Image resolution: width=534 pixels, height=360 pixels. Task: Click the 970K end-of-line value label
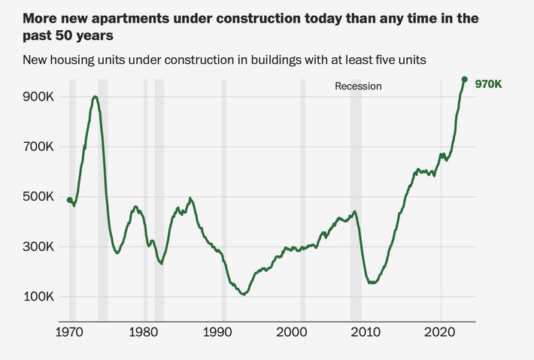[x=488, y=85]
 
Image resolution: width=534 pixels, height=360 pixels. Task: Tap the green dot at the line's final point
[x=465, y=79]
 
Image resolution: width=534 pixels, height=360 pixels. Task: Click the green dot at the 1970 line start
[x=70, y=200]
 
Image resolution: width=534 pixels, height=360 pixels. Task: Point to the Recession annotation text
[x=358, y=86]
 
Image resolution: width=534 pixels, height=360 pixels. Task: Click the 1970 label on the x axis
[x=70, y=331]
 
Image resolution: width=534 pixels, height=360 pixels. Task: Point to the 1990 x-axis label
[x=218, y=331]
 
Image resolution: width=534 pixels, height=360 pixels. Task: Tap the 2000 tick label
[x=292, y=331]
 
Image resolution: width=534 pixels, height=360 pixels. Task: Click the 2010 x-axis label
[x=366, y=331]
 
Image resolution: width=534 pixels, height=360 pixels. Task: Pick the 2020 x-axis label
[x=440, y=331]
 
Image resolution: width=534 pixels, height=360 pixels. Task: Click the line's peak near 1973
[x=95, y=97]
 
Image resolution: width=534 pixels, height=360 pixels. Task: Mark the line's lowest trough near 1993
[x=243, y=294]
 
